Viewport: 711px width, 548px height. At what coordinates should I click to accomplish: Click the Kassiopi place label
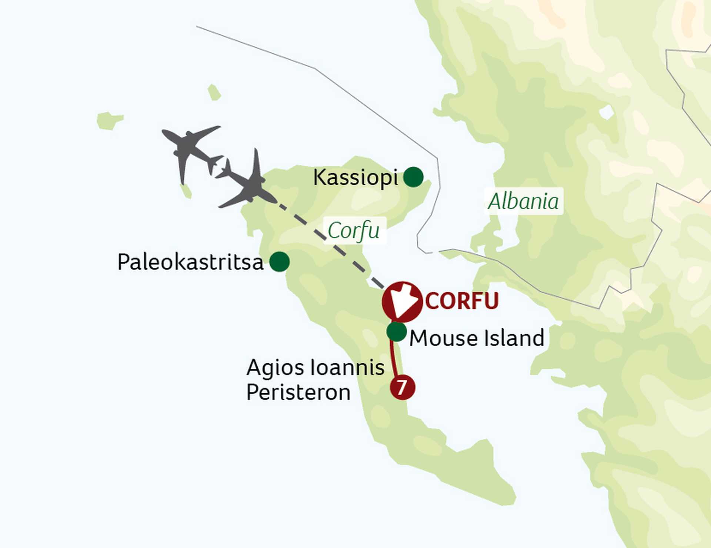(355, 178)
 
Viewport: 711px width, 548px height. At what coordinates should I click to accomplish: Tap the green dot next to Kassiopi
(413, 177)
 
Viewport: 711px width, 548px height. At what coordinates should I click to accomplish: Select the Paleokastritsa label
(190, 262)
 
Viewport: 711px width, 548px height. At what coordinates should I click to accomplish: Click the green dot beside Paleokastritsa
(280, 262)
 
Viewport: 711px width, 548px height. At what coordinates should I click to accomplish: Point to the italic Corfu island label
(354, 231)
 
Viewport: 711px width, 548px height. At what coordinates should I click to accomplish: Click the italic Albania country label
(523, 202)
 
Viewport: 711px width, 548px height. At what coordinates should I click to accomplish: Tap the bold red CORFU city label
(462, 301)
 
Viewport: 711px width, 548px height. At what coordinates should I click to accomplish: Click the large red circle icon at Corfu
(402, 302)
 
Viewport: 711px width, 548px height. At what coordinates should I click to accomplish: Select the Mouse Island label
(477, 338)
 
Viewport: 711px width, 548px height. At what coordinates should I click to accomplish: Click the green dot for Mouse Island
(397, 332)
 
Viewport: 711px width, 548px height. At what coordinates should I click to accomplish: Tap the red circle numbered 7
(402, 387)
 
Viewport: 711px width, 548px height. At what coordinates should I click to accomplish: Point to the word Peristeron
(298, 392)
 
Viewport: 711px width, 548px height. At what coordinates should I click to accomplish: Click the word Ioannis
(347, 368)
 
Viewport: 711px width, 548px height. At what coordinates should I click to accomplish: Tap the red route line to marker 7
(394, 359)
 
